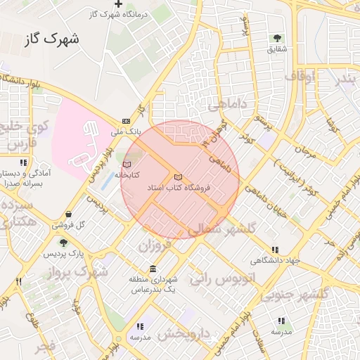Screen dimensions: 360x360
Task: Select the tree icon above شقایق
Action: click(277, 38)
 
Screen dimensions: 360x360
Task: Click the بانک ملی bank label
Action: click(127, 131)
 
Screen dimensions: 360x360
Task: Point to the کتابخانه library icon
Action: click(127, 164)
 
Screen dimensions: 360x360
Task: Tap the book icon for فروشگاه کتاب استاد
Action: click(177, 176)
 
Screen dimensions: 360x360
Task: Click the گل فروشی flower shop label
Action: click(68, 226)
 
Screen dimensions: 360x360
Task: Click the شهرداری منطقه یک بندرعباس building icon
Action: click(153, 270)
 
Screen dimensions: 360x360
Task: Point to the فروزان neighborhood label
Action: click(155, 247)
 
